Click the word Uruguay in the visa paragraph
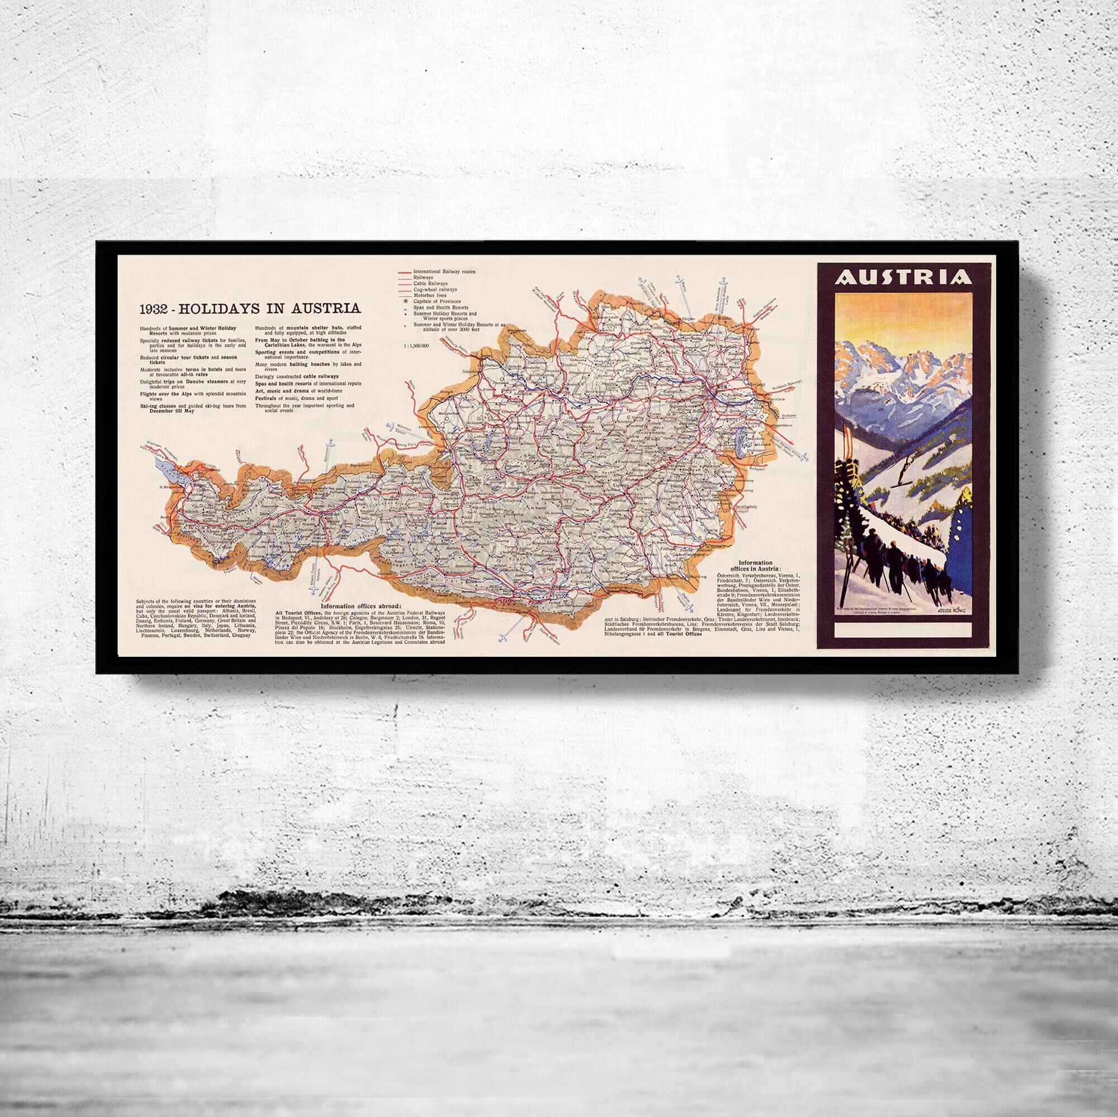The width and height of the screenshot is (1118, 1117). [239, 636]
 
